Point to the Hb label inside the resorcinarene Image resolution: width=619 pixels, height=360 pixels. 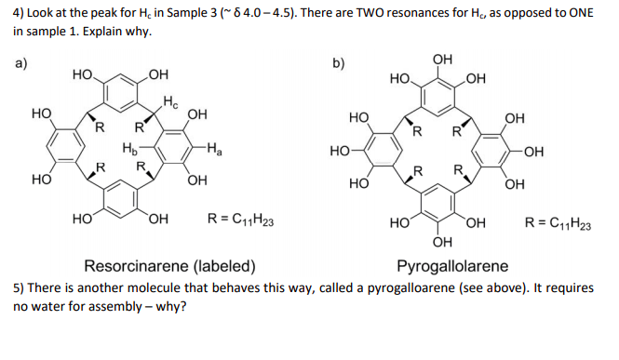tap(129, 146)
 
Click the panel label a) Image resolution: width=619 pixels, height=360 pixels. tap(20, 63)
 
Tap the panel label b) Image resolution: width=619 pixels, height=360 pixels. tap(340, 63)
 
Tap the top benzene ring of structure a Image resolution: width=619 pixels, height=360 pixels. tap(118, 92)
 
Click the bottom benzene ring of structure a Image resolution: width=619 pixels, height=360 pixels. tap(118, 199)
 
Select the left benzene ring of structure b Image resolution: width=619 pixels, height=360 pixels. tap(383, 149)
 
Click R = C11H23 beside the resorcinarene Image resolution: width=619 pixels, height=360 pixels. tap(239, 221)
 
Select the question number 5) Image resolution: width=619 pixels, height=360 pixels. tap(20, 287)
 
